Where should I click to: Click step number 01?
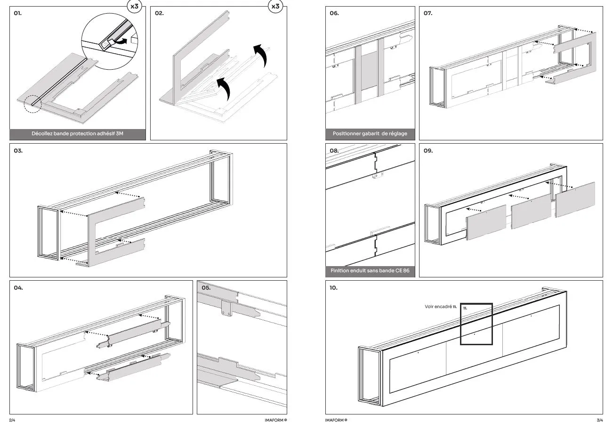pyautogui.click(x=17, y=13)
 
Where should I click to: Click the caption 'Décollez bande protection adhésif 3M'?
pyautogui.click(x=78, y=134)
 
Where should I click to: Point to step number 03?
pyautogui.click(x=18, y=151)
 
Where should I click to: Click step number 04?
pyautogui.click(x=18, y=287)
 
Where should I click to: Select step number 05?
pyautogui.click(x=206, y=287)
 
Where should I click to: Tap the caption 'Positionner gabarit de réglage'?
pyautogui.click(x=370, y=134)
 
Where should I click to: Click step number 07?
pyautogui.click(x=428, y=13)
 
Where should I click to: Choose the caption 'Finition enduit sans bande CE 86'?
pyautogui.click(x=370, y=271)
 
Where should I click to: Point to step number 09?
pyautogui.click(x=428, y=151)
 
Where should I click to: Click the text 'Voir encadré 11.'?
pyautogui.click(x=441, y=307)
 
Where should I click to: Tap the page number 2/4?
pyautogui.click(x=12, y=420)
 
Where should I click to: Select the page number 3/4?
pyautogui.click(x=599, y=420)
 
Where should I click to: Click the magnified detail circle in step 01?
pyautogui.click(x=111, y=41)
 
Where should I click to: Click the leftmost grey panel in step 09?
pyautogui.click(x=486, y=222)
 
